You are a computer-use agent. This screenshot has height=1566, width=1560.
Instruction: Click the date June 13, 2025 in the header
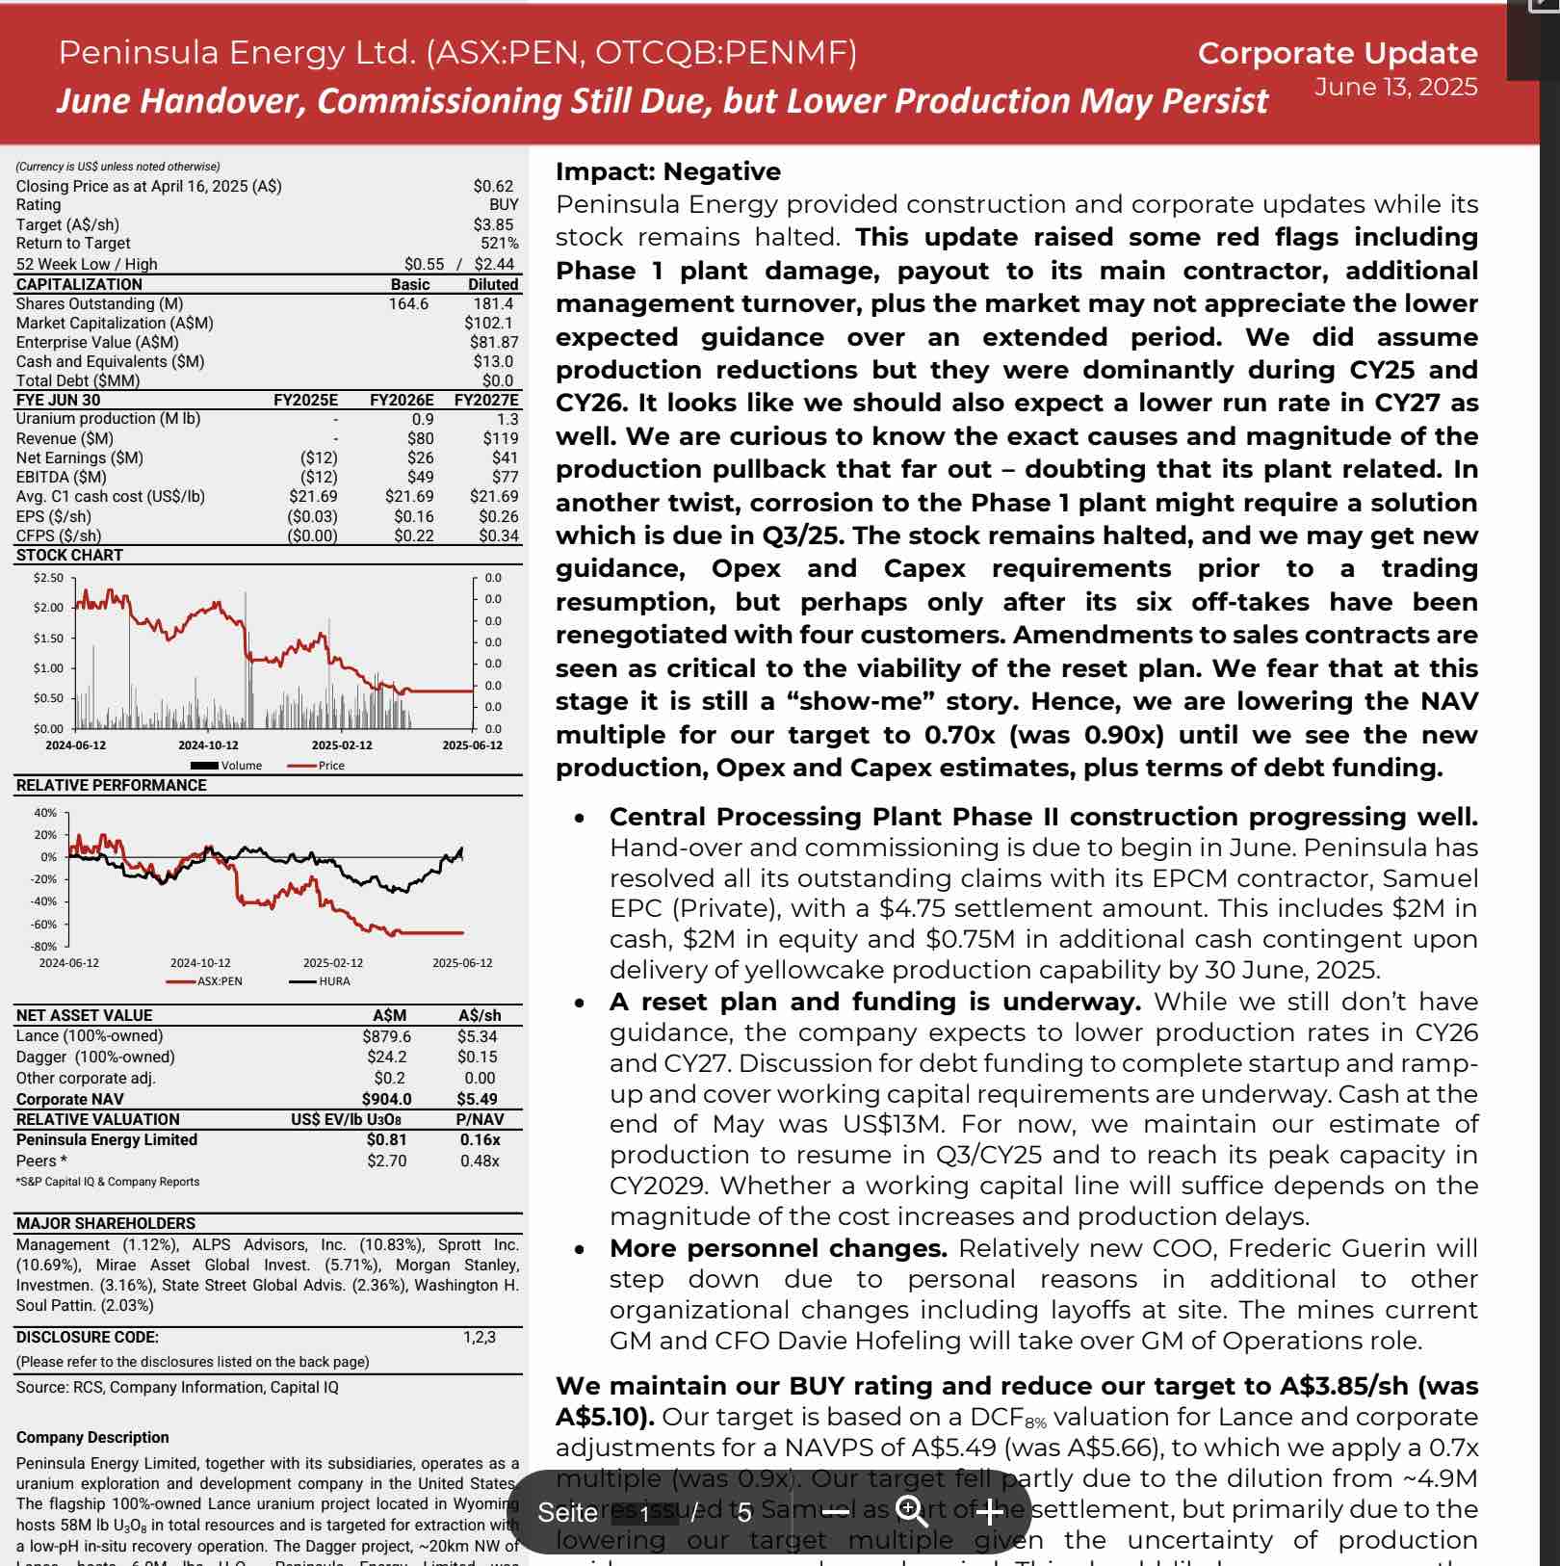(1395, 88)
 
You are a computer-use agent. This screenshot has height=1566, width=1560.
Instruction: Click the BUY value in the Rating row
(503, 205)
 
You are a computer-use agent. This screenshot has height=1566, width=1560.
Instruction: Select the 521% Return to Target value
(500, 244)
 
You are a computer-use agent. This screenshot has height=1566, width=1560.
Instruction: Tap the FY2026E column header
(402, 400)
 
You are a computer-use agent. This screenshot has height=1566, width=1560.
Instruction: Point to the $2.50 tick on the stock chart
(48, 578)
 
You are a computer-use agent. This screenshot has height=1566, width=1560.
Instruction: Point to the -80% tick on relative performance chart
(46, 947)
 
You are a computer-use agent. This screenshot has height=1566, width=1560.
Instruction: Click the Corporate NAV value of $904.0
(386, 1099)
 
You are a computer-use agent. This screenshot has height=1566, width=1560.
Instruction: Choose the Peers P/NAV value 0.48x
(480, 1161)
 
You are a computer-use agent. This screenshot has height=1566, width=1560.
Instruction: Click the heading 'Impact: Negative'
(668, 171)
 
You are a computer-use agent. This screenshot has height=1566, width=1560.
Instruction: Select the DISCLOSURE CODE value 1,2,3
(479, 1337)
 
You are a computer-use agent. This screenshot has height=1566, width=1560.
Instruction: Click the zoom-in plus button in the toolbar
(989, 1512)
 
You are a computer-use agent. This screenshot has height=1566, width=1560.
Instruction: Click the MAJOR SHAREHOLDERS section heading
(106, 1223)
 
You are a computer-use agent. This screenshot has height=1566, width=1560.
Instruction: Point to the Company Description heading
(92, 1437)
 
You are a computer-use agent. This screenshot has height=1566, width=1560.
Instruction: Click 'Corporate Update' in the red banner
(1337, 54)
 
